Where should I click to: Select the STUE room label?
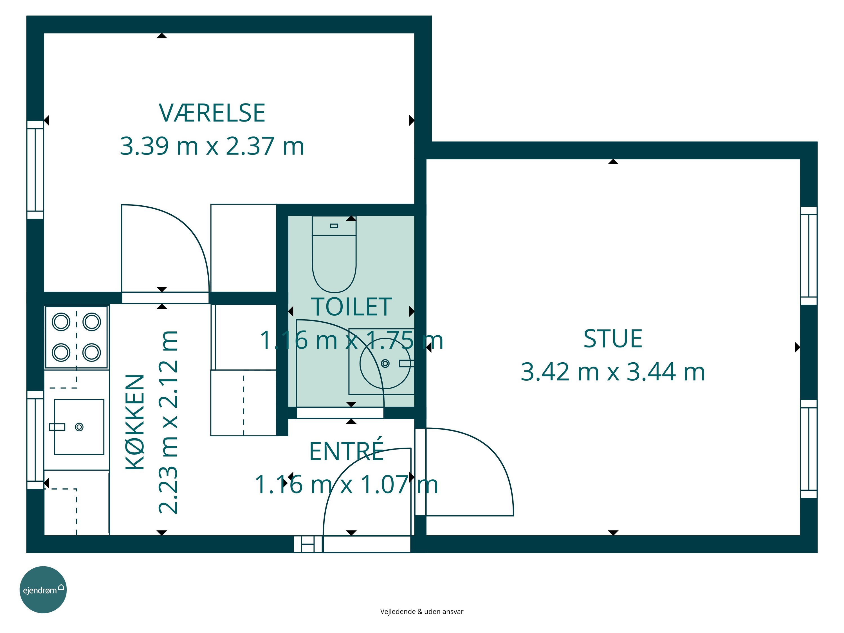[613, 339]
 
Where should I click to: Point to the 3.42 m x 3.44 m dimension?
[613, 372]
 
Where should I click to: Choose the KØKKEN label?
[135, 422]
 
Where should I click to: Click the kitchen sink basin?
[79, 427]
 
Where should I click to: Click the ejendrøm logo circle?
[43, 589]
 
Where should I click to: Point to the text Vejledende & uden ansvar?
[422, 612]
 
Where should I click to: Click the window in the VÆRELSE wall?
[35, 170]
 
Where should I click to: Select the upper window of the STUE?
[809, 256]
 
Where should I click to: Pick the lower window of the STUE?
[809, 449]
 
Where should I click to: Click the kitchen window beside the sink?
[35, 440]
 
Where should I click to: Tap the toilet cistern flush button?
[334, 226]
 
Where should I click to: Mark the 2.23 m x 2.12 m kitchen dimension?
[168, 422]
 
